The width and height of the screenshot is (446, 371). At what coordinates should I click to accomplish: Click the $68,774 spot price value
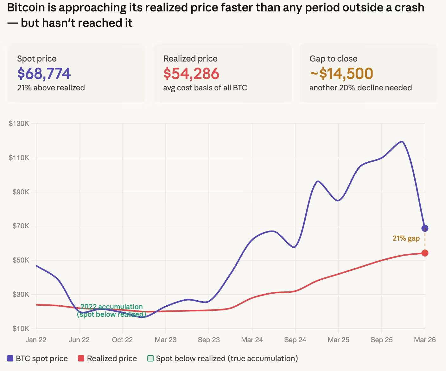[x=44, y=74]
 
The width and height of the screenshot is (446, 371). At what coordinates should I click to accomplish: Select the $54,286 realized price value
[x=191, y=74]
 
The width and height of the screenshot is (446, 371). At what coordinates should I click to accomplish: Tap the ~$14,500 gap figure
[x=341, y=74]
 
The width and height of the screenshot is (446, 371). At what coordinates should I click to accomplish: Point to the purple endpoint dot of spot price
[x=425, y=228]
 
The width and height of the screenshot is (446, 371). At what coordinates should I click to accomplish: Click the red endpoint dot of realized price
[x=425, y=253]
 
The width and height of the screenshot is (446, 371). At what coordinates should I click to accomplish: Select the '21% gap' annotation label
[x=406, y=238]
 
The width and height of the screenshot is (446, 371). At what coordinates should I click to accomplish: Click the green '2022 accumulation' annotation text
[x=111, y=307]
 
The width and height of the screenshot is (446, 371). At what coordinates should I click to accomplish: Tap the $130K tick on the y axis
[x=19, y=124]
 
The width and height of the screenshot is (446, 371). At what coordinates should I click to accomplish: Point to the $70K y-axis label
[x=21, y=226]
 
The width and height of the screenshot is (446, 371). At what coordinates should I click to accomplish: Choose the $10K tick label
[x=21, y=329]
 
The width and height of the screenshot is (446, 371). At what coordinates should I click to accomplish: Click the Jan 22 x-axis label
[x=36, y=340]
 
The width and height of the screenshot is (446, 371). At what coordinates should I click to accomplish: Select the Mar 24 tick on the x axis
[x=252, y=340]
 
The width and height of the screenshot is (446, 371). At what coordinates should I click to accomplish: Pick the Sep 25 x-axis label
[x=381, y=340]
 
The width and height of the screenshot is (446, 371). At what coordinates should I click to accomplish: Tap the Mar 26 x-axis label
[x=425, y=340]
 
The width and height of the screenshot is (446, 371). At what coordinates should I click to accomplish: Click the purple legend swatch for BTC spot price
[x=10, y=359]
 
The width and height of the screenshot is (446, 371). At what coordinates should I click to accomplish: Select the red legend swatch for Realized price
[x=81, y=359]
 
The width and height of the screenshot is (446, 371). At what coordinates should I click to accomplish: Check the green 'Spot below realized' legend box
[x=150, y=359]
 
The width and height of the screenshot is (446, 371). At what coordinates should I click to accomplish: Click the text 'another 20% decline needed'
[x=360, y=88]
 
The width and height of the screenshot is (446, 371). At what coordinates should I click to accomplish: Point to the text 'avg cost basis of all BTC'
[x=205, y=88]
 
